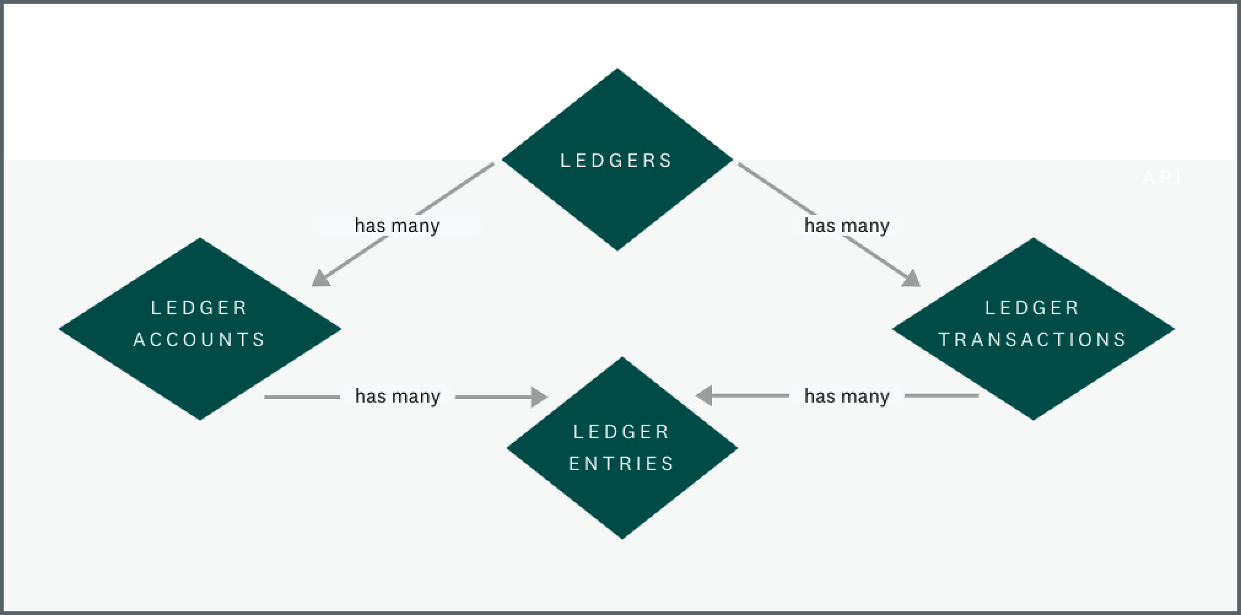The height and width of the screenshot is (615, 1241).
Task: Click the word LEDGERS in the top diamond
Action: [x=616, y=161]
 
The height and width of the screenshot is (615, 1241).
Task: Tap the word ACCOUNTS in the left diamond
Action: [x=199, y=339]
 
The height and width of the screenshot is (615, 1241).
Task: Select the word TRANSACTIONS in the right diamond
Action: [x=1032, y=339]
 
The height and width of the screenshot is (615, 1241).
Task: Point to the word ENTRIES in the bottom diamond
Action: [x=622, y=463]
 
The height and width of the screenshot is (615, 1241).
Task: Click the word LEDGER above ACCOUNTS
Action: [x=199, y=307]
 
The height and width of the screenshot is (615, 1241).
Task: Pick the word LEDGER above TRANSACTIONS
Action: [x=1032, y=307]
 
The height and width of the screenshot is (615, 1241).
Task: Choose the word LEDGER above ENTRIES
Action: [x=622, y=431]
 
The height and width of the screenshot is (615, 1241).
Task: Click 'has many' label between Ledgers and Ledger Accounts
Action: [x=397, y=226]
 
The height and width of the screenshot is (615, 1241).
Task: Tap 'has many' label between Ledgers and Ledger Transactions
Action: [x=847, y=226]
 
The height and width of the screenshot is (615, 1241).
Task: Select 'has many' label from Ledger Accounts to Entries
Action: [x=398, y=396]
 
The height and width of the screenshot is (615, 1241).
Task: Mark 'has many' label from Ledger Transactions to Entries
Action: [x=847, y=396]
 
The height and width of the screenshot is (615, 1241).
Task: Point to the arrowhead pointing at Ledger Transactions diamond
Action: [x=912, y=279]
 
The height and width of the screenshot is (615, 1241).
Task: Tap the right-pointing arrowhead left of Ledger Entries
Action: [x=539, y=396]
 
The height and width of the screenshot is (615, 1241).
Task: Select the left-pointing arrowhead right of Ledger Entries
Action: [x=703, y=395]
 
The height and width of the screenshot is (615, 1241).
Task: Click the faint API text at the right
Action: [x=1162, y=178]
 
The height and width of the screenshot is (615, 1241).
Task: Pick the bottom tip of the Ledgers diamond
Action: [x=617, y=249]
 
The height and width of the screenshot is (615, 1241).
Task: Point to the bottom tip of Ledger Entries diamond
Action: [x=622, y=537]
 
